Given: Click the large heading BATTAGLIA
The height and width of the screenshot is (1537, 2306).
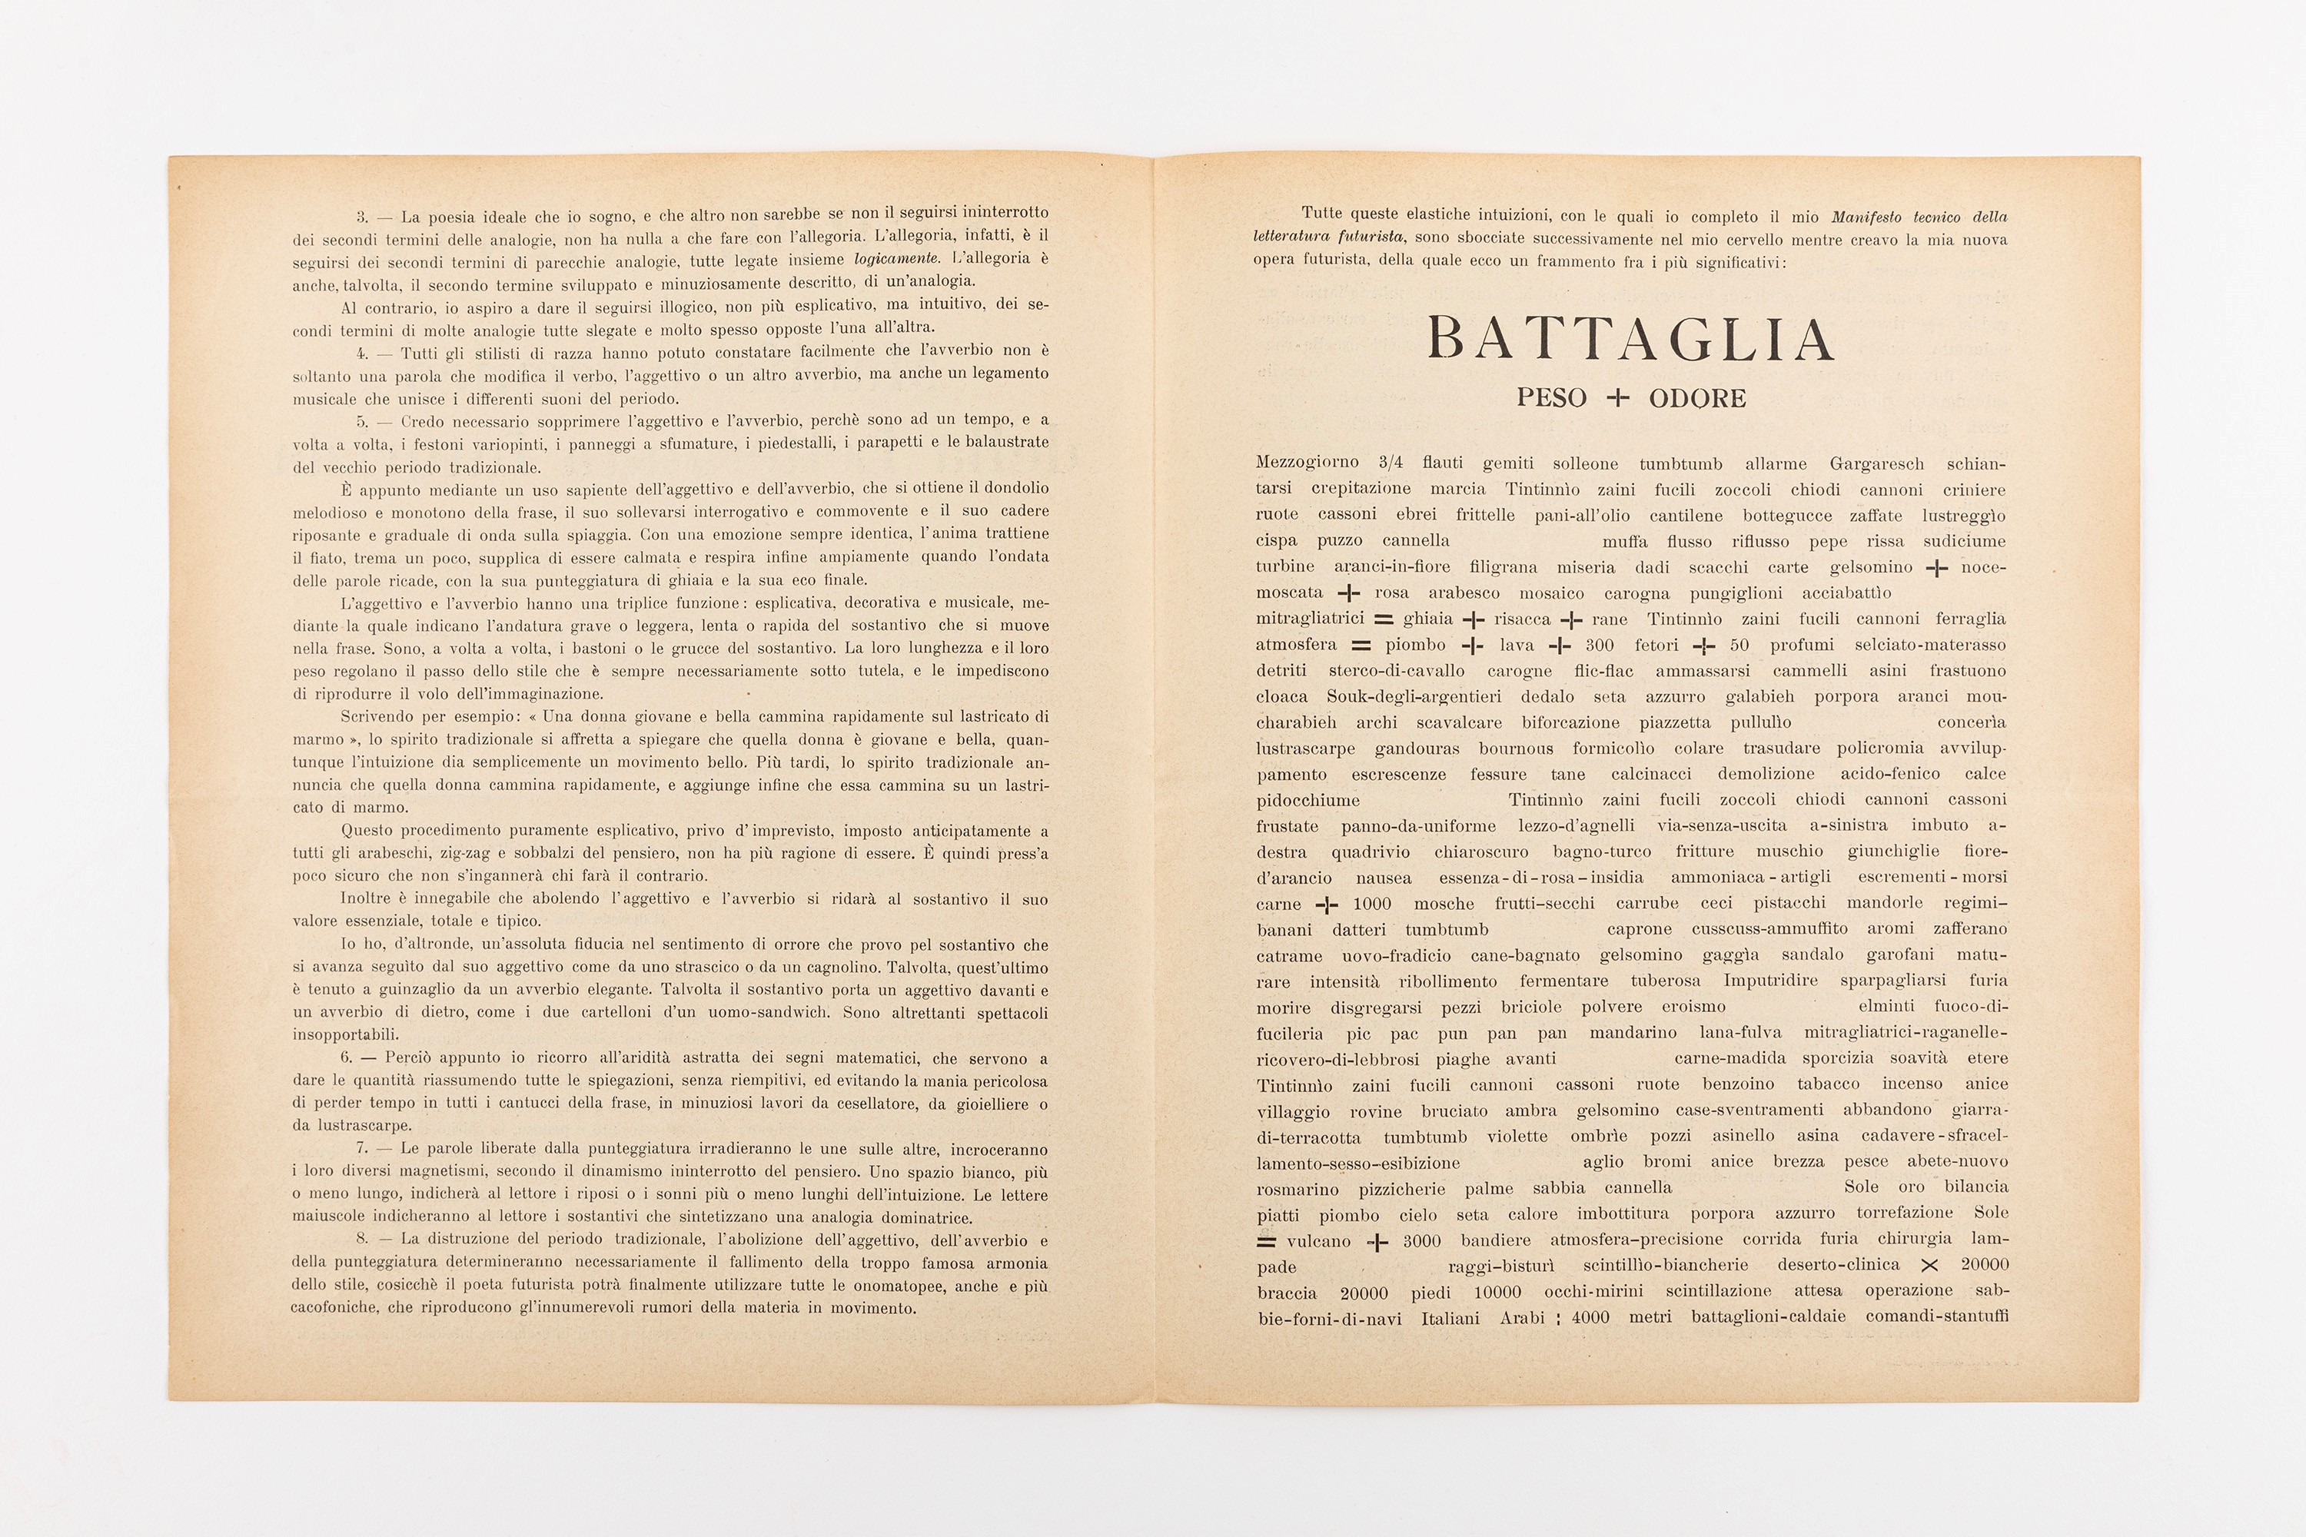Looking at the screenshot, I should [x=1630, y=338].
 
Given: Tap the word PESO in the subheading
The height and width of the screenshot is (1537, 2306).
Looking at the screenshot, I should [x=1551, y=398].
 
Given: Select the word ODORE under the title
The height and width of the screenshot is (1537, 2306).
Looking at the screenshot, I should [x=1697, y=398].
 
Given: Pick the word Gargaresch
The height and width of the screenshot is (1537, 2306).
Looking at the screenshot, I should [x=1876, y=463].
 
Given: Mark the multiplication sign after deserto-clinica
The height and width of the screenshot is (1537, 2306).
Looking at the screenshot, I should [x=1929, y=1266].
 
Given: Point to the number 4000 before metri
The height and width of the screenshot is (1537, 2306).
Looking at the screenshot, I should [x=1590, y=1317].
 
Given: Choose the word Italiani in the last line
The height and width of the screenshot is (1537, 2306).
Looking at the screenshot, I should [x=1450, y=1317].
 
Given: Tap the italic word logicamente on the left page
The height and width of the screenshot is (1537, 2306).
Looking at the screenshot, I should [x=897, y=259].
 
